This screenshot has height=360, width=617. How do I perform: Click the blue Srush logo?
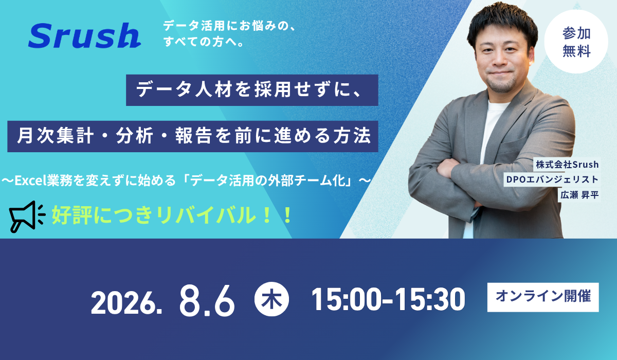(x=84, y=35)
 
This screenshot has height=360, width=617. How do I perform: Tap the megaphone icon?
(x=27, y=217)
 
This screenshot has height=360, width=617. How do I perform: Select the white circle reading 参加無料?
(x=576, y=42)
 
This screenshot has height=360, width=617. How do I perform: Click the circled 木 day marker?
(x=271, y=299)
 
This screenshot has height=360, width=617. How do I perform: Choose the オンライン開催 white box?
(x=543, y=297)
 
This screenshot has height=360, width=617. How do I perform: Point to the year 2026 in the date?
(x=126, y=303)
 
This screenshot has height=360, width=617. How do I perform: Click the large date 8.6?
(x=207, y=301)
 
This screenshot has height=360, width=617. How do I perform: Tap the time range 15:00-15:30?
(x=388, y=299)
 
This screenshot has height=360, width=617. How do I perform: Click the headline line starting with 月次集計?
(x=192, y=136)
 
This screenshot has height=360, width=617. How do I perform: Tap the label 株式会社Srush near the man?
(x=567, y=165)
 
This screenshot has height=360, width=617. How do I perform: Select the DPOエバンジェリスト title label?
(x=552, y=179)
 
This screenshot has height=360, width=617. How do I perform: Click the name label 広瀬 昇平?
(x=579, y=195)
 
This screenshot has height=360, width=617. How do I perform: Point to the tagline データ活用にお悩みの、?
(x=229, y=26)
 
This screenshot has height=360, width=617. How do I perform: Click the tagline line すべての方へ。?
(x=204, y=42)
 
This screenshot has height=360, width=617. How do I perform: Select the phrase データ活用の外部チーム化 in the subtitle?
(x=267, y=181)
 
